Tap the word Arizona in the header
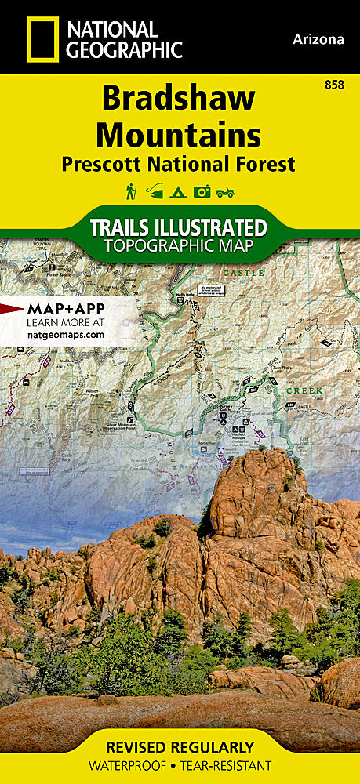click(x=318, y=39)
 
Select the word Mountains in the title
click(x=179, y=135)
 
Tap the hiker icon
click(x=131, y=191)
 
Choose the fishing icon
click(x=155, y=191)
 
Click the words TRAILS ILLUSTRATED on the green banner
click(x=179, y=228)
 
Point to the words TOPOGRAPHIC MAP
click(x=179, y=247)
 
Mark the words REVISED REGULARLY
click(x=180, y=746)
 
